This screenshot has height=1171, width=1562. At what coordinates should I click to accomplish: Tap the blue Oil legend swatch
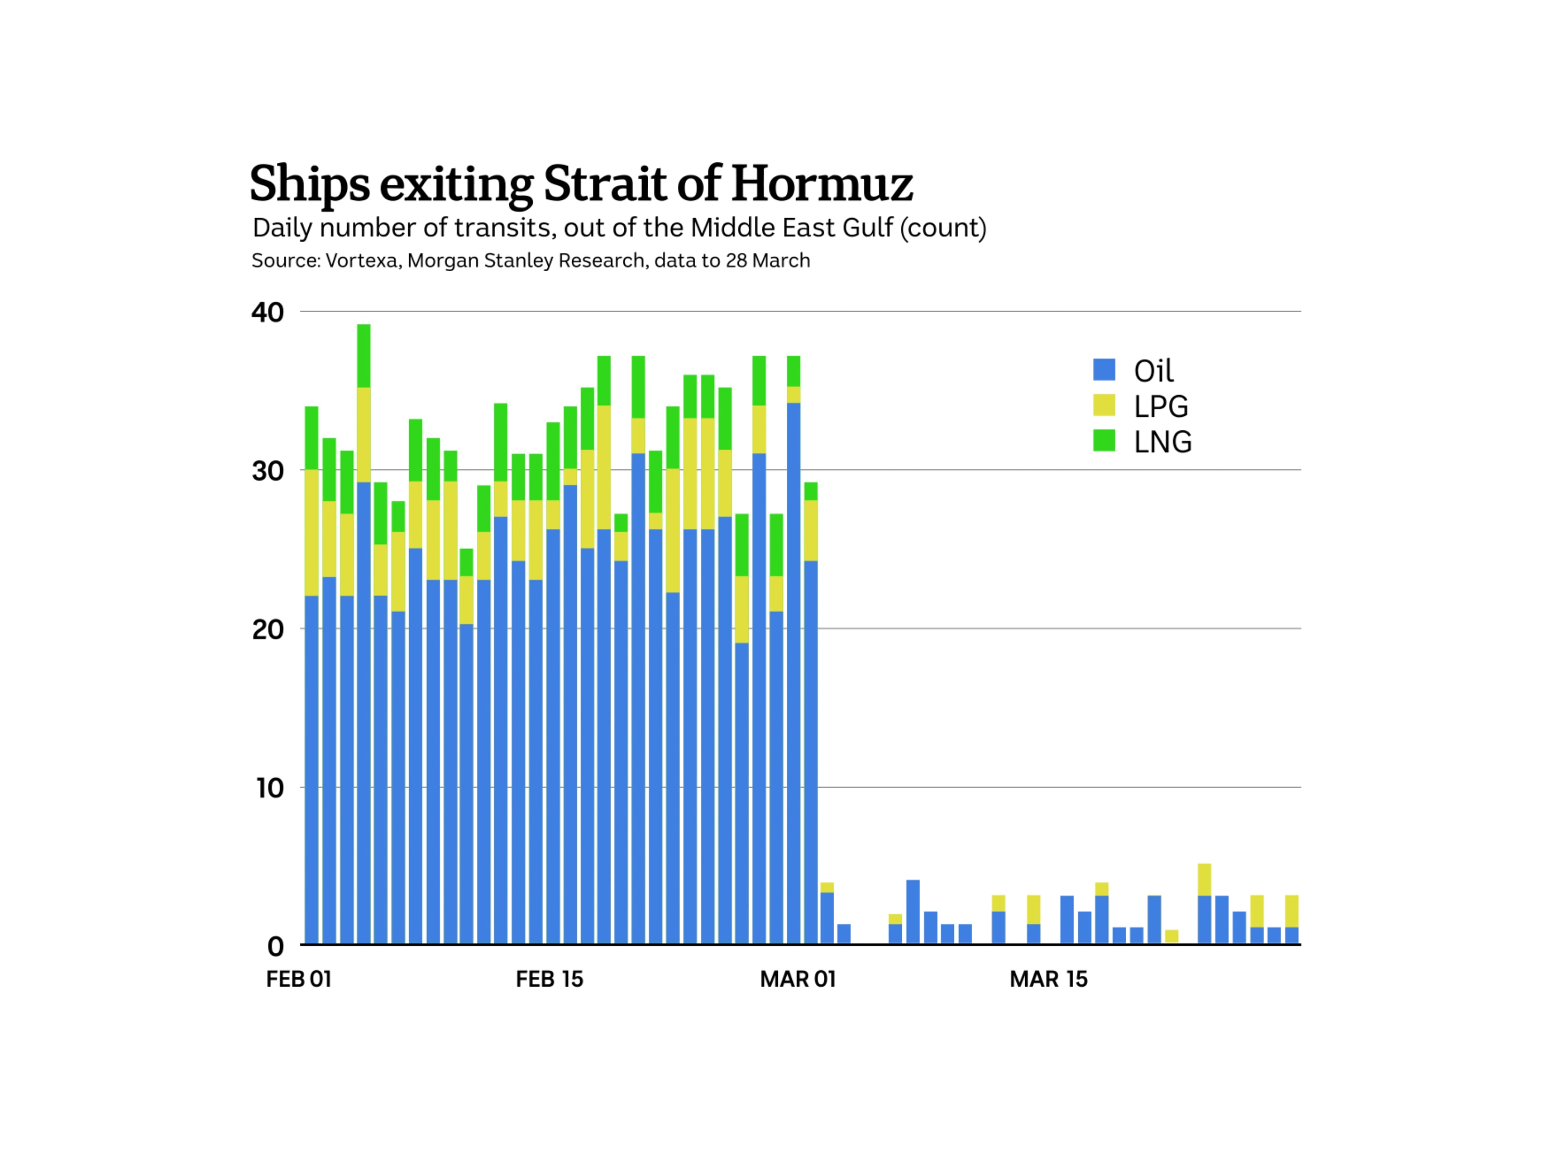(1104, 369)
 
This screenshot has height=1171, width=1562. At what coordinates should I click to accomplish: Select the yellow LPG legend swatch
(1104, 405)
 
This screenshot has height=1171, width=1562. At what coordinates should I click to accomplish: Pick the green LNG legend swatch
(1104, 440)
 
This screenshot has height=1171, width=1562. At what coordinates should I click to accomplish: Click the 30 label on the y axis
(268, 471)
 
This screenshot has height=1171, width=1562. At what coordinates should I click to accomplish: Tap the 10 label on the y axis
(270, 788)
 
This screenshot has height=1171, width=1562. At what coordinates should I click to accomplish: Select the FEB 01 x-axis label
(299, 979)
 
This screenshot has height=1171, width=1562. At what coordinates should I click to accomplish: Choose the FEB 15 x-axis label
(549, 979)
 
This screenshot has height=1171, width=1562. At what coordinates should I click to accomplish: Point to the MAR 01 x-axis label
(798, 979)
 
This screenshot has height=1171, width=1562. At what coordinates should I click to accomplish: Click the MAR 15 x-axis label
(1049, 979)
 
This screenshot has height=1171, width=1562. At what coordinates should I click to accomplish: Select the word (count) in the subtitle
(943, 228)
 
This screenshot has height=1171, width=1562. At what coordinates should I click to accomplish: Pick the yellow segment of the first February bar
(311, 532)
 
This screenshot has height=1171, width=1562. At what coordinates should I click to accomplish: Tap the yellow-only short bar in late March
(1172, 936)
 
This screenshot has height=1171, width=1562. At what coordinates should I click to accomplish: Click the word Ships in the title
(309, 184)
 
